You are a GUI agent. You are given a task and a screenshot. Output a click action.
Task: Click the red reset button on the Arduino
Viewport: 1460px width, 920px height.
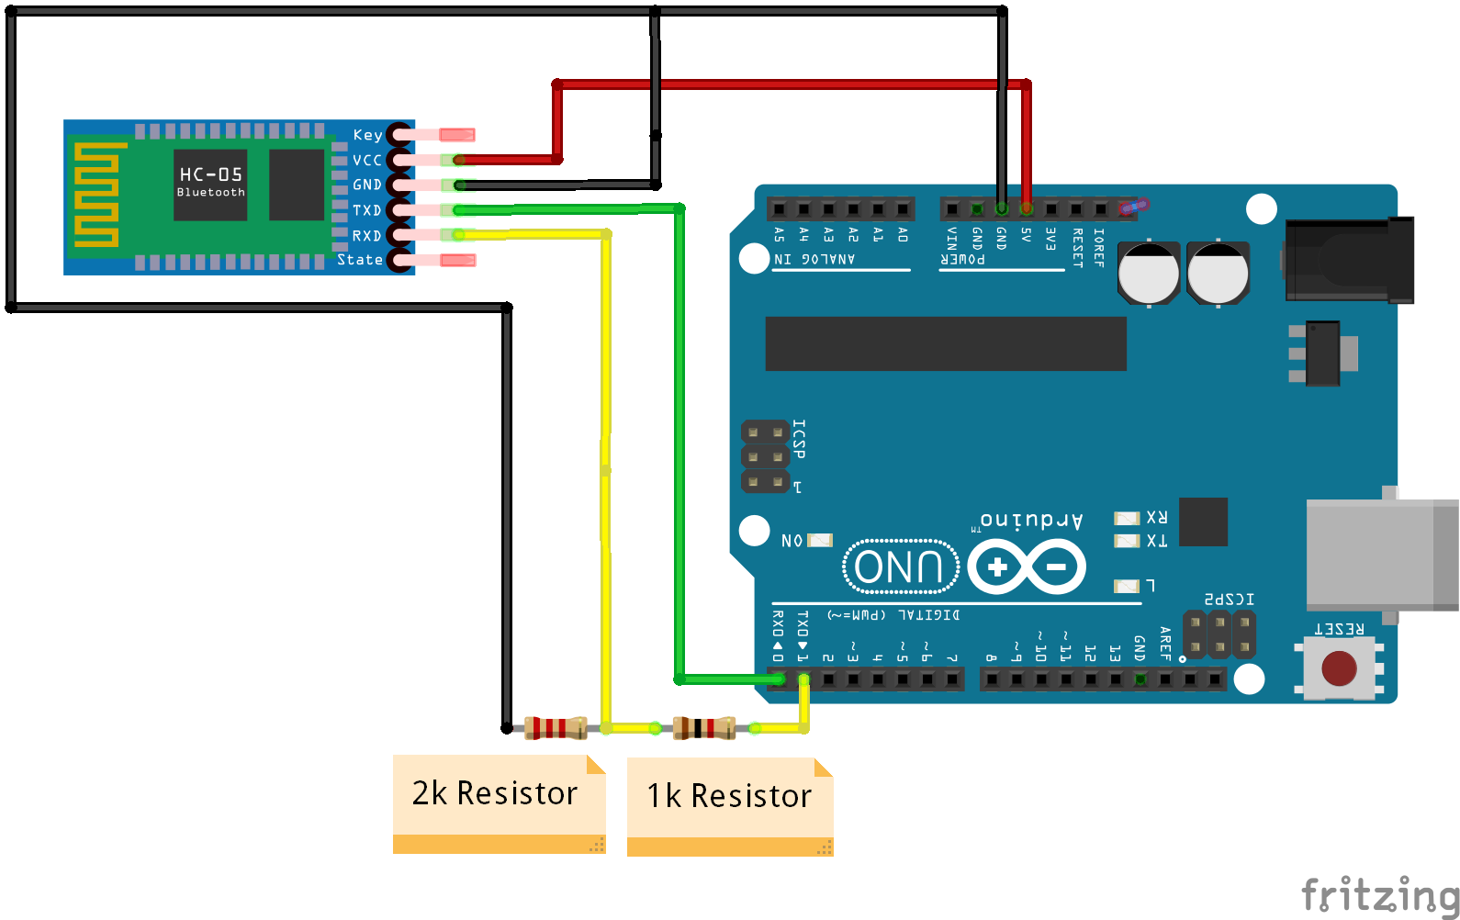tap(1338, 668)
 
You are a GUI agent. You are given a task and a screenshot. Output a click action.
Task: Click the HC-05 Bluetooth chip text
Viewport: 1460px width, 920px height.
tap(211, 182)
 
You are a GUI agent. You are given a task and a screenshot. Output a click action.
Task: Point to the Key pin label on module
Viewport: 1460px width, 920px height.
tap(367, 135)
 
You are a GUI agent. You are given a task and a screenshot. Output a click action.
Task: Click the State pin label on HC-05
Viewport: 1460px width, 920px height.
tap(359, 260)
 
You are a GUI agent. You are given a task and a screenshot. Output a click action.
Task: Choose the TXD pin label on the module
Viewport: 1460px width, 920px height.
tap(366, 210)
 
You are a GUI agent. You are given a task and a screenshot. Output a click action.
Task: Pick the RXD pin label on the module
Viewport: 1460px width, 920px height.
tap(366, 236)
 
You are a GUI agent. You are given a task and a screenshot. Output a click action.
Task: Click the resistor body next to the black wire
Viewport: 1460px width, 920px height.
tap(555, 728)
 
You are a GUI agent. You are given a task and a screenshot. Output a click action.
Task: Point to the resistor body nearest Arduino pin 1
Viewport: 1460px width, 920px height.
tap(703, 728)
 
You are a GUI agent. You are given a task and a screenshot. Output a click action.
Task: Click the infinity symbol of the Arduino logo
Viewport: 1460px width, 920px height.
tap(1027, 567)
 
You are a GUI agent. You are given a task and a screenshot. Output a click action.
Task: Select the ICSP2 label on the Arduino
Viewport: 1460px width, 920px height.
tap(1229, 600)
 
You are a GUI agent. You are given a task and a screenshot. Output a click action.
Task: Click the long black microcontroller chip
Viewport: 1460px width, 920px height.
tap(945, 343)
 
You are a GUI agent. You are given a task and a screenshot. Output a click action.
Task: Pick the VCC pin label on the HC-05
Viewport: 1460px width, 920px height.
tap(366, 160)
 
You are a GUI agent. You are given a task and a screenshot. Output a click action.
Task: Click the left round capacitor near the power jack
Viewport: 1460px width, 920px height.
tap(1148, 273)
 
